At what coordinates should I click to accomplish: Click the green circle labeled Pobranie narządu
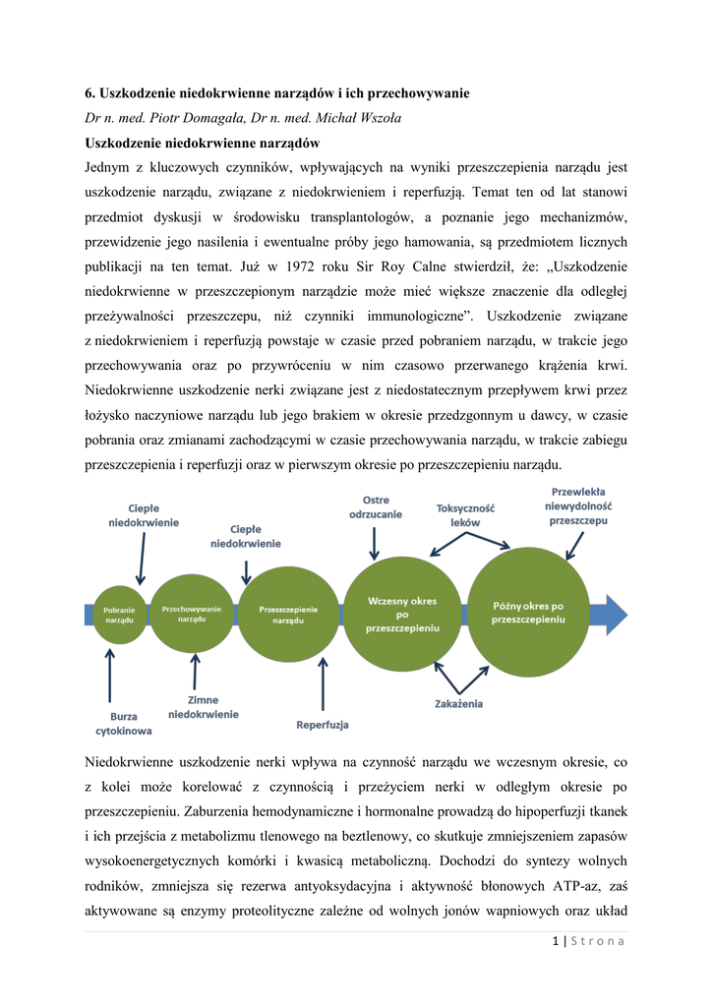(119, 615)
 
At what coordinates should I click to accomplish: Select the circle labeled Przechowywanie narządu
(192, 614)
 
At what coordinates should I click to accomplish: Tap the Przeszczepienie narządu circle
(288, 615)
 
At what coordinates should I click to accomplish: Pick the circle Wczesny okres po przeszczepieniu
(401, 614)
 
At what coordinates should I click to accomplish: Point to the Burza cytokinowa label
(123, 724)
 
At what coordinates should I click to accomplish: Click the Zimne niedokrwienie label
(203, 707)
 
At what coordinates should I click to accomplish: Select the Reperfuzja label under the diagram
(323, 726)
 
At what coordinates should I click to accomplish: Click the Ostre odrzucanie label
(375, 507)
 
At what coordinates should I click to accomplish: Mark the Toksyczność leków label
(465, 515)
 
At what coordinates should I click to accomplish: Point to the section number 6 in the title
(89, 93)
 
